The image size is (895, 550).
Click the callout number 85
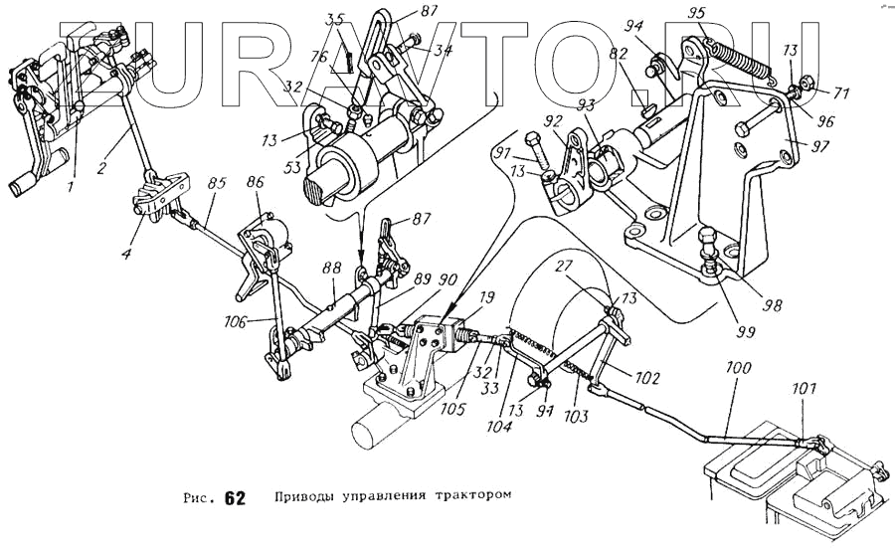pyautogui.click(x=217, y=184)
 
